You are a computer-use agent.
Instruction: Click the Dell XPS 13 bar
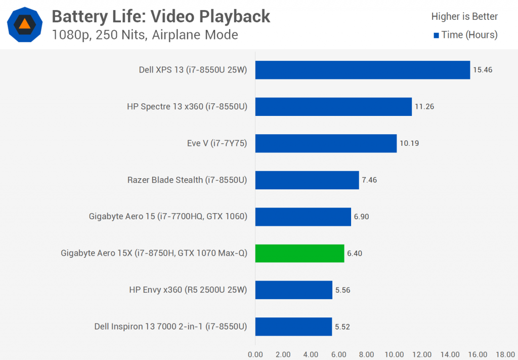362,70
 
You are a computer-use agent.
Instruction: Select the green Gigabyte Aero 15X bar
299,253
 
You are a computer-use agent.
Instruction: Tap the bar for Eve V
326,143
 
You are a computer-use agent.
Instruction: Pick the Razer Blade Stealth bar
307,180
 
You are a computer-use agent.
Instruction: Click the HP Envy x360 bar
293,290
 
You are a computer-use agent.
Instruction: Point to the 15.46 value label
482,70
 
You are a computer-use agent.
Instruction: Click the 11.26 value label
423,106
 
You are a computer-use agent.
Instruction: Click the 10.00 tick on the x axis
395,354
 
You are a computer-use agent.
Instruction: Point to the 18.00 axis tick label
505,354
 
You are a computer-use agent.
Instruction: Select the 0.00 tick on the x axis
255,354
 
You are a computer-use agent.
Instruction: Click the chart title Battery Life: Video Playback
161,17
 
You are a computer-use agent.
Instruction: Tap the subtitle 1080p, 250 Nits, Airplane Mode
145,35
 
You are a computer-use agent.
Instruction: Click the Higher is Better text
464,17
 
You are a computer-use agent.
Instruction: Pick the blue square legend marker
436,35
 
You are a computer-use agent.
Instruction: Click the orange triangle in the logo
24,23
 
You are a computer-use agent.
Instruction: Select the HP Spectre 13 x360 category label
187,106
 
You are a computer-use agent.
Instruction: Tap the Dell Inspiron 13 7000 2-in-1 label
170,327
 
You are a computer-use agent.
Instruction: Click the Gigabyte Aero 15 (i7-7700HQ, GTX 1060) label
168,217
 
